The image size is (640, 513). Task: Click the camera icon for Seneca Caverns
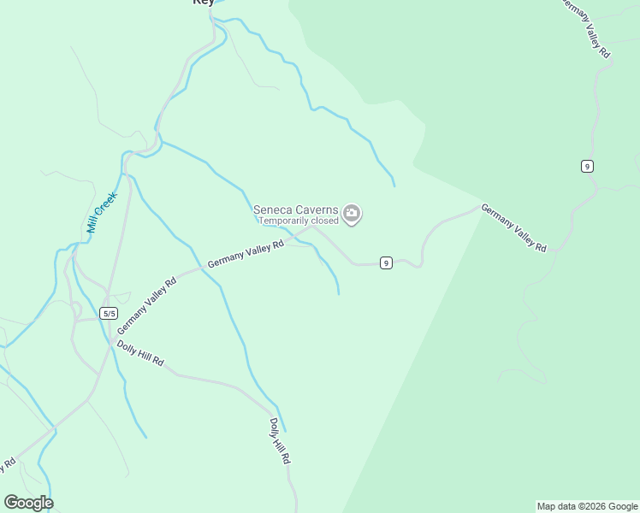(x=352, y=213)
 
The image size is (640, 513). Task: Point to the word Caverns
(x=317, y=209)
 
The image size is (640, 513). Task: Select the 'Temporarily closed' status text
(x=299, y=221)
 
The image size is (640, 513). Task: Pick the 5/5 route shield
(x=109, y=313)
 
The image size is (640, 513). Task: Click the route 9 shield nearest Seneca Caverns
(x=387, y=262)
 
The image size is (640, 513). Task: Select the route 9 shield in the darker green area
(x=587, y=166)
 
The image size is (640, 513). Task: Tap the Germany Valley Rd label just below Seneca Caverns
(x=246, y=255)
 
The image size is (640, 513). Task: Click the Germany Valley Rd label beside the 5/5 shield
(x=146, y=305)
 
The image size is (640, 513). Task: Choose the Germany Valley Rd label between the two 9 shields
(x=513, y=227)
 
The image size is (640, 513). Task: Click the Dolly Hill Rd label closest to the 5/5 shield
(x=140, y=353)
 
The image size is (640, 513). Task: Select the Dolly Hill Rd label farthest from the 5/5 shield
(x=280, y=441)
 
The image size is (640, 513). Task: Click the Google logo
(x=28, y=502)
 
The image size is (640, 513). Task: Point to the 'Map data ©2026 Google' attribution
(x=587, y=506)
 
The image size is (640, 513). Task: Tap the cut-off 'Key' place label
(x=203, y=3)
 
